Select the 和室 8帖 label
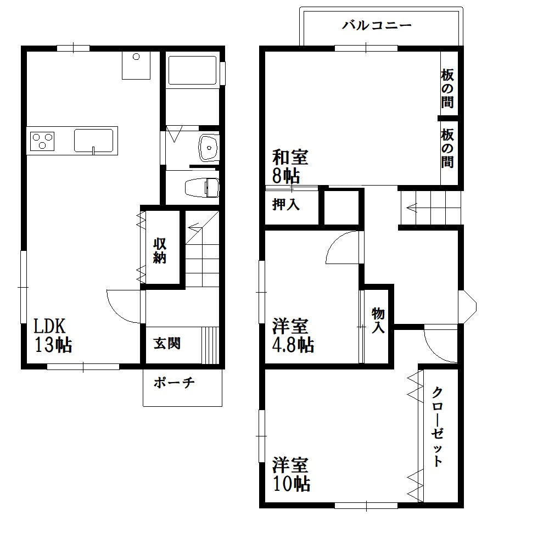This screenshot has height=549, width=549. click(x=289, y=166)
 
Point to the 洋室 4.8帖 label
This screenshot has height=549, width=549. click(x=293, y=335)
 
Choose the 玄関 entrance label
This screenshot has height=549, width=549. click(x=166, y=344)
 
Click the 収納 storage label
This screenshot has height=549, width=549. click(x=160, y=250)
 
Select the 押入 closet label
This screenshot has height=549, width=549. click(x=286, y=205)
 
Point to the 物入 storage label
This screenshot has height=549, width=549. click(x=378, y=320)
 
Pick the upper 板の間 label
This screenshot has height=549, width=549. click(x=447, y=87)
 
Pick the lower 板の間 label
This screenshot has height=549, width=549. click(x=447, y=148)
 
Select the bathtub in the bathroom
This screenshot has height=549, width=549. click(x=192, y=70)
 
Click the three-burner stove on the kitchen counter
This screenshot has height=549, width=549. click(x=43, y=141)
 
